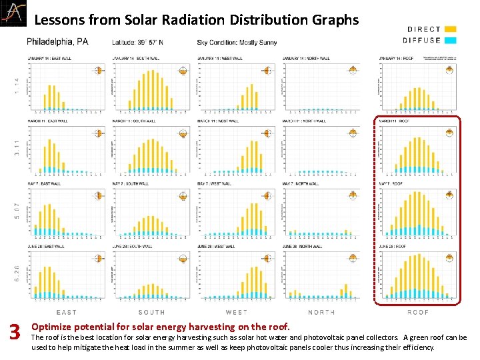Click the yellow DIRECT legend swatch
pyautogui.click(x=450, y=29)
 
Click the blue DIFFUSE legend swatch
pyautogui.click(x=450, y=40)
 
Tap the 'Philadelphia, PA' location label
pyautogui.click(x=57, y=42)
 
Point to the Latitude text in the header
pyautogui.click(x=138, y=43)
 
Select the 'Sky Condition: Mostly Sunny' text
pyautogui.click(x=237, y=43)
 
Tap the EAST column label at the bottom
pyautogui.click(x=67, y=312)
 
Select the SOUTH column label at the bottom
pyautogui.click(x=152, y=312)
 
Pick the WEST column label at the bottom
pyautogui.click(x=237, y=312)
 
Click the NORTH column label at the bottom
pyautogui.click(x=322, y=312)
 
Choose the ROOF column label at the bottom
pyautogui.click(x=418, y=312)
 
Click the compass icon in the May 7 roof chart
pyautogui.click(x=450, y=195)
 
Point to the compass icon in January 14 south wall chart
pyautogui.click(x=183, y=70)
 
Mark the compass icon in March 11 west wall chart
pyautogui.click(x=268, y=133)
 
